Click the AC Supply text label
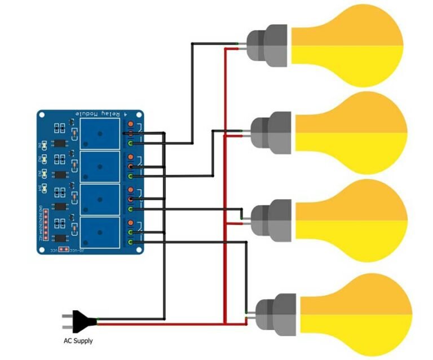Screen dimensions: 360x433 [x=78, y=341]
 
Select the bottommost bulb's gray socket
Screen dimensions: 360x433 [x=276, y=315]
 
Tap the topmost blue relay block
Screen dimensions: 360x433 [x=100, y=134]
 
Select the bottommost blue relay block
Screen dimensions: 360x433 [x=100, y=232]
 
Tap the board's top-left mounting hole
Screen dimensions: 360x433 [x=42, y=115]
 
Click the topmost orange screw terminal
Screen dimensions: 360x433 [x=131, y=124]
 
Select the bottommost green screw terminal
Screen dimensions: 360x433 [x=131, y=242]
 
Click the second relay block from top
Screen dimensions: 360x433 [x=100, y=166]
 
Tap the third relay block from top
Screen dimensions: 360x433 [x=100, y=199]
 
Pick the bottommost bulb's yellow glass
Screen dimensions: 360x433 [x=355, y=314]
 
